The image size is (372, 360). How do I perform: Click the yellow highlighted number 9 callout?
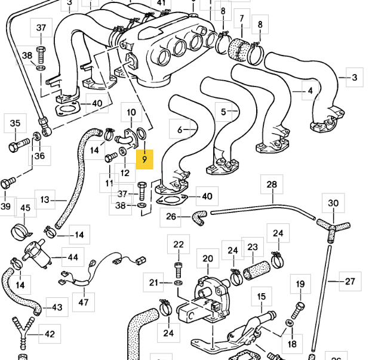point(145,160)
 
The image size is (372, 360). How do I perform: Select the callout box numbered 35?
point(15,124)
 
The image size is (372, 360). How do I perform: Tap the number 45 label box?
point(25,208)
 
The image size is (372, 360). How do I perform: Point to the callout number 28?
point(272,184)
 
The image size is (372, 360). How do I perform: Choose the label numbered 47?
point(84,303)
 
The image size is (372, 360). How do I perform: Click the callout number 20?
point(207,259)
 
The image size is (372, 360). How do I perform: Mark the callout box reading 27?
point(350,281)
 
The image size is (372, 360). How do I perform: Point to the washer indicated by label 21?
point(179,282)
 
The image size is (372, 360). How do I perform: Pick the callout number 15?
point(261,296)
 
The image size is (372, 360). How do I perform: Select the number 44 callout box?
point(72,258)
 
